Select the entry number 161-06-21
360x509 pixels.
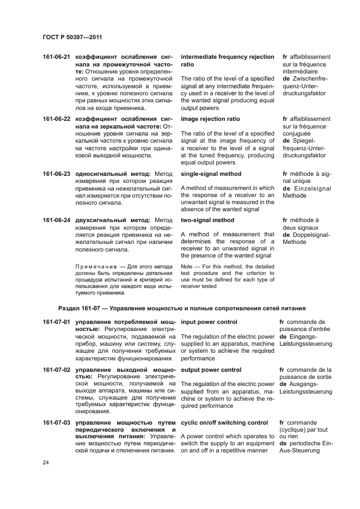coord(57,57)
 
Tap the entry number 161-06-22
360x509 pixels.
coord(57,119)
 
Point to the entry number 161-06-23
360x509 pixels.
coord(57,174)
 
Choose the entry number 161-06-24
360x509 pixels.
coord(57,220)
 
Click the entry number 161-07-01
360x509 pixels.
coord(57,322)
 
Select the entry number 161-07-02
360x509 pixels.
coord(57,370)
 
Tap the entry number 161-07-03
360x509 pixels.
coord(57,422)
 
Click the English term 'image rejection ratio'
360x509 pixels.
coord(210,119)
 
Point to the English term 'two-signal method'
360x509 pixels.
coord(208,220)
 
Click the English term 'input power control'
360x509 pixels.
coord(209,322)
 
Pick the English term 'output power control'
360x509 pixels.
coord(211,370)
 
